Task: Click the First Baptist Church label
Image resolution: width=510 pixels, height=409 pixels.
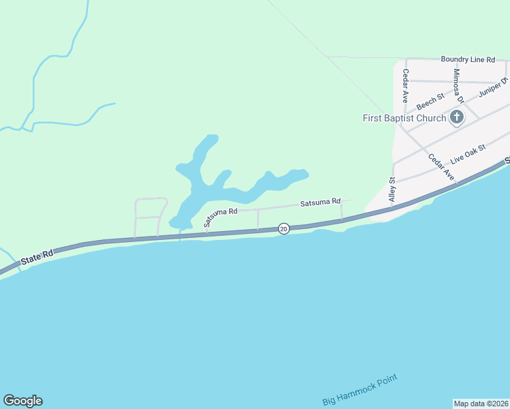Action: pyautogui.click(x=404, y=118)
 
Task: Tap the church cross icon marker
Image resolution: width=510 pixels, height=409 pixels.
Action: pyautogui.click(x=457, y=118)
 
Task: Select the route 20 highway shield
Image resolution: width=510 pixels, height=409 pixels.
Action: pyautogui.click(x=284, y=228)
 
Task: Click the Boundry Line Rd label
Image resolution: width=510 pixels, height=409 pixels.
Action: pyautogui.click(x=468, y=60)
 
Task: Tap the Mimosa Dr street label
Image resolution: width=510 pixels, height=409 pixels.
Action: pyautogui.click(x=457, y=86)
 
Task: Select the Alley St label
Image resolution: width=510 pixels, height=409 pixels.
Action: pyautogui.click(x=392, y=190)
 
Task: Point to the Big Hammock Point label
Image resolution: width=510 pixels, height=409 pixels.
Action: pyautogui.click(x=359, y=390)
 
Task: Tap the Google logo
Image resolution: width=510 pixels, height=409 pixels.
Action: pyautogui.click(x=22, y=401)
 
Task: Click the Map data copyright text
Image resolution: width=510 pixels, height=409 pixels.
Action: pyautogui.click(x=481, y=404)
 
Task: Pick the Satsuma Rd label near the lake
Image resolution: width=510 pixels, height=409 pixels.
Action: pyautogui.click(x=220, y=216)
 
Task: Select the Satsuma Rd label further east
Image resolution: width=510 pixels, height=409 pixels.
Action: pyautogui.click(x=320, y=202)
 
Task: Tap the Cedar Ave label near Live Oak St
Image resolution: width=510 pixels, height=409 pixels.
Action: pyautogui.click(x=441, y=167)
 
